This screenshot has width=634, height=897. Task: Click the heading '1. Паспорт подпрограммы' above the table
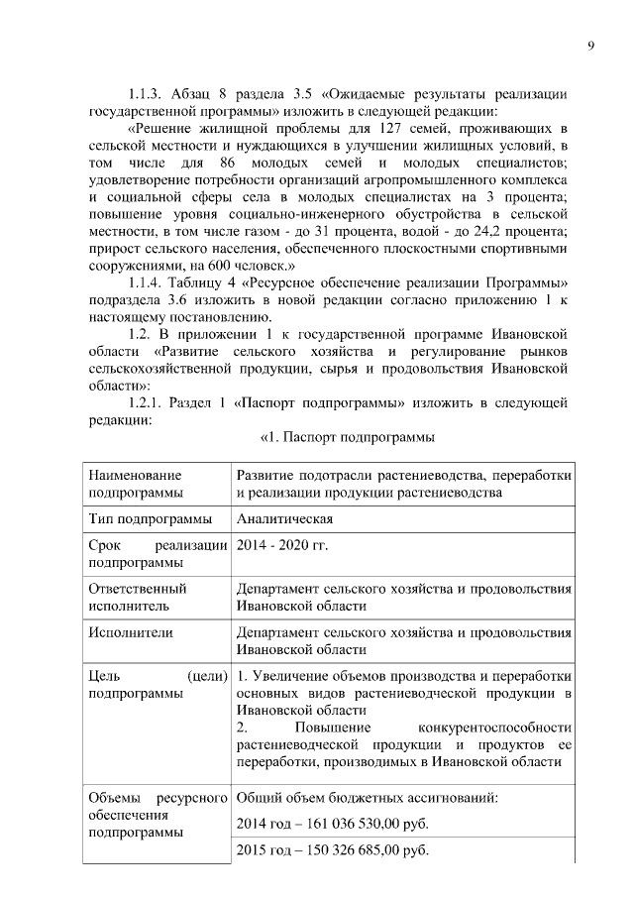(x=347, y=437)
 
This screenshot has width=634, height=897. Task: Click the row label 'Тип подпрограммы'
(x=150, y=518)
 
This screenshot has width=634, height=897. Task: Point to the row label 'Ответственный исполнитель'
(x=139, y=596)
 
